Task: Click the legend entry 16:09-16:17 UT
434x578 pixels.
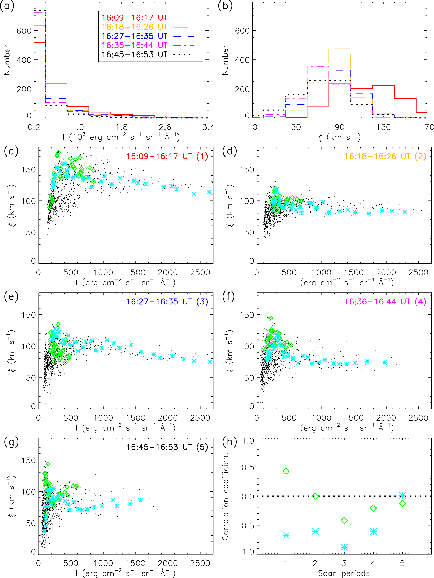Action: coord(134,18)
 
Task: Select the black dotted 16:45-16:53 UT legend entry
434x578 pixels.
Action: coord(134,55)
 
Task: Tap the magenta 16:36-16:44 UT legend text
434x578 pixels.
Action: coord(134,45)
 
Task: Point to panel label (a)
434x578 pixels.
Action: coord(7,6)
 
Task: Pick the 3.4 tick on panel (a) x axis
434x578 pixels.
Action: coord(209,127)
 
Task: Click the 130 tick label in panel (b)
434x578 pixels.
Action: coord(383,127)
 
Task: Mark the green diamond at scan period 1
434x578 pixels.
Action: coord(286,471)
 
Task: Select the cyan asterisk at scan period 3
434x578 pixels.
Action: coord(344,547)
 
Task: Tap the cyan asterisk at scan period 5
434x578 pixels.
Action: coord(402,495)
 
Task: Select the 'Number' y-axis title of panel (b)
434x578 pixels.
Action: coord(225,60)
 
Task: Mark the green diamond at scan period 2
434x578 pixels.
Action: coord(315,496)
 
